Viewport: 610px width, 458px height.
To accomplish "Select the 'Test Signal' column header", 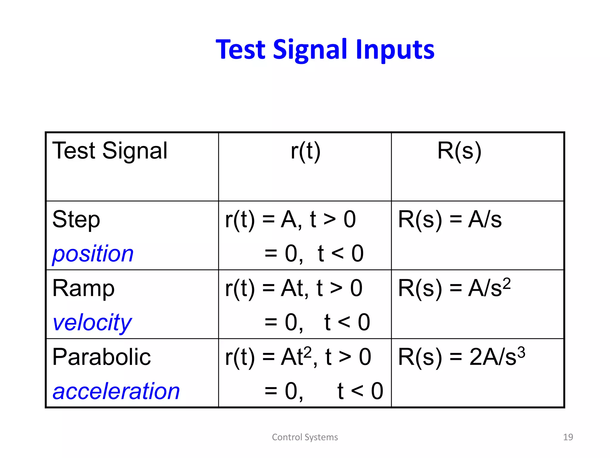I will pyautogui.click(x=110, y=151).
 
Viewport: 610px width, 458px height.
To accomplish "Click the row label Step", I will pyautogui.click(x=76, y=220).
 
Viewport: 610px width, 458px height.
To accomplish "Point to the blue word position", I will pyautogui.click(x=93, y=254).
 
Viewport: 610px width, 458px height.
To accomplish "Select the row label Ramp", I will pyautogui.click(x=83, y=288).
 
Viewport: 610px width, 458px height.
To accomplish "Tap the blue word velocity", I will pyautogui.click(x=92, y=323).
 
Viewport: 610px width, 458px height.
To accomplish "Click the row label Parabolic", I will pyautogui.click(x=102, y=357).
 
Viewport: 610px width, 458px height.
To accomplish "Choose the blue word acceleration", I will pyautogui.click(x=116, y=391).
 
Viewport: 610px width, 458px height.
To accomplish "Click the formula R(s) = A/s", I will pyautogui.click(x=450, y=220).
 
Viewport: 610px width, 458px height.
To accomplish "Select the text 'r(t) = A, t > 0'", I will pyautogui.click(x=290, y=220).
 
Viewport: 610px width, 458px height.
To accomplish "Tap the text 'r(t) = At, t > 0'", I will pyautogui.click(x=294, y=288).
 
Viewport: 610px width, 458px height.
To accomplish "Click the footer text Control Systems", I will pyautogui.click(x=305, y=437).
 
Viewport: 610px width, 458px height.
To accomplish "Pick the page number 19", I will pyautogui.click(x=568, y=437).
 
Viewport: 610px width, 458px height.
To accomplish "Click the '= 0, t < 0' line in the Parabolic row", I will pyautogui.click(x=323, y=391).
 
